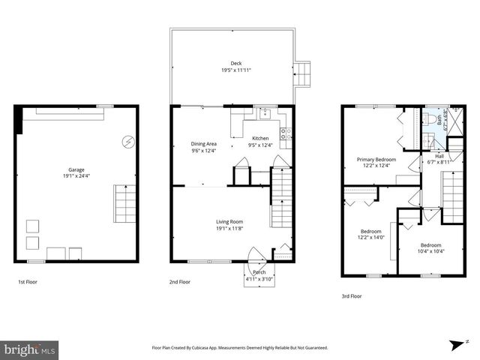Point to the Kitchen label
(260, 139)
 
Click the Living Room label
(229, 221)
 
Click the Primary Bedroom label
(376, 160)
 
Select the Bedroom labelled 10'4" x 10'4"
(430, 245)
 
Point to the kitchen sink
(264, 113)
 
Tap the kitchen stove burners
(286, 134)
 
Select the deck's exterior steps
(303, 72)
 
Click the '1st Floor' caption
(28, 282)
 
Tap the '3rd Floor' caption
(352, 296)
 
